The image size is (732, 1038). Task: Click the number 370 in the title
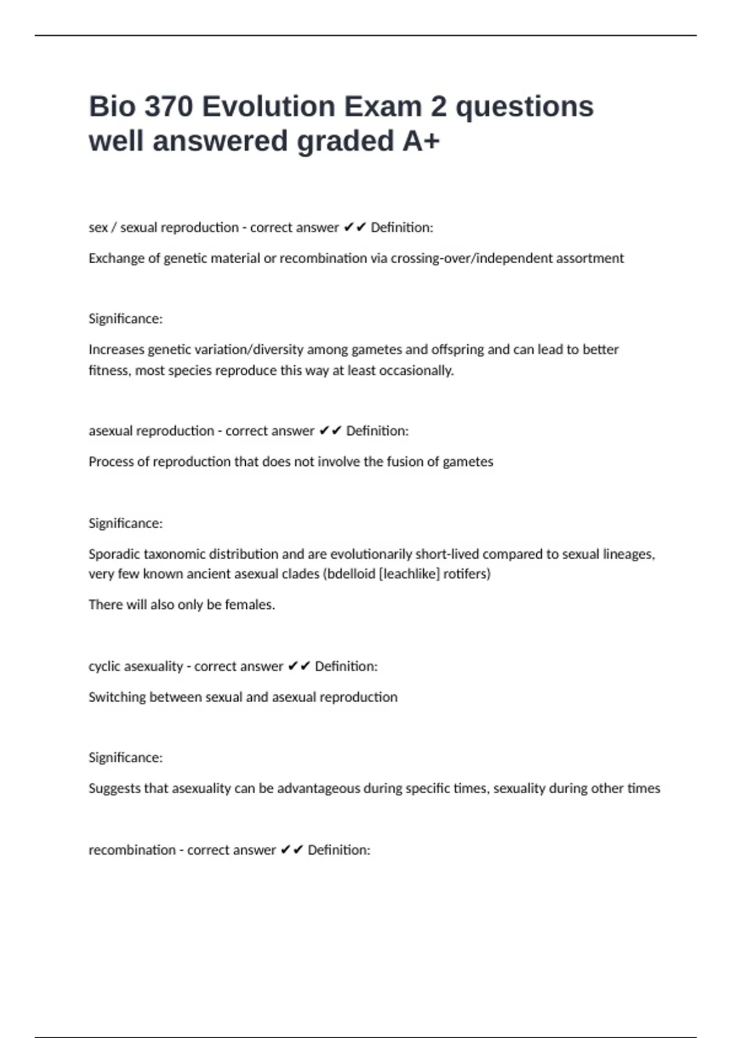(168, 107)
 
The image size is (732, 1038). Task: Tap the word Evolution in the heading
(268, 107)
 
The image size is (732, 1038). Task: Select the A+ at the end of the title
(421, 141)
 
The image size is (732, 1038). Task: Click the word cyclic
(104, 666)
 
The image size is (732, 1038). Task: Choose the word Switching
(117, 697)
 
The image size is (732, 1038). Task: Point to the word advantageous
(318, 788)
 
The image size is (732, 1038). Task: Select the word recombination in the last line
(132, 850)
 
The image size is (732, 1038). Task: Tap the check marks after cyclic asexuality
(299, 666)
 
